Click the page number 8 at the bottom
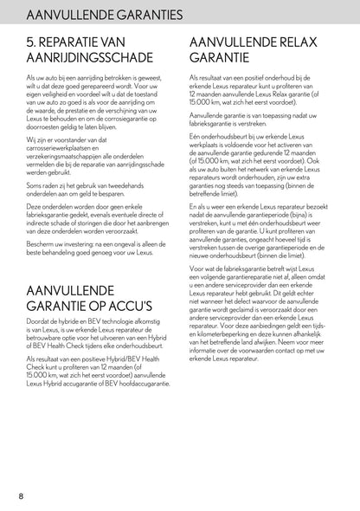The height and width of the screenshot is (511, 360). tap(20, 495)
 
